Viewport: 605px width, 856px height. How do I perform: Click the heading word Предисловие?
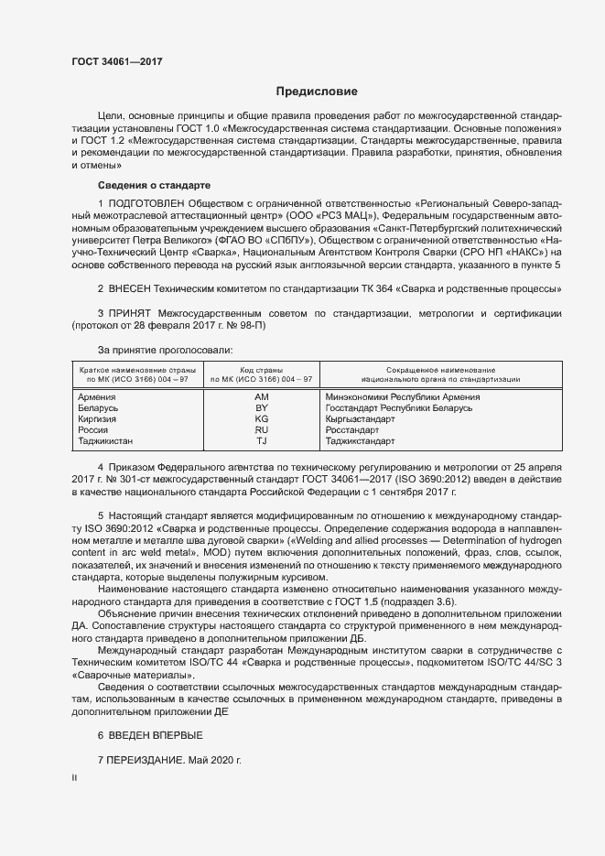318,92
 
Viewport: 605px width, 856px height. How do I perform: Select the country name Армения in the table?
97,397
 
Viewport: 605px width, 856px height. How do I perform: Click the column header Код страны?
262,369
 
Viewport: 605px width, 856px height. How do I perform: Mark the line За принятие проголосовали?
165,349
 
